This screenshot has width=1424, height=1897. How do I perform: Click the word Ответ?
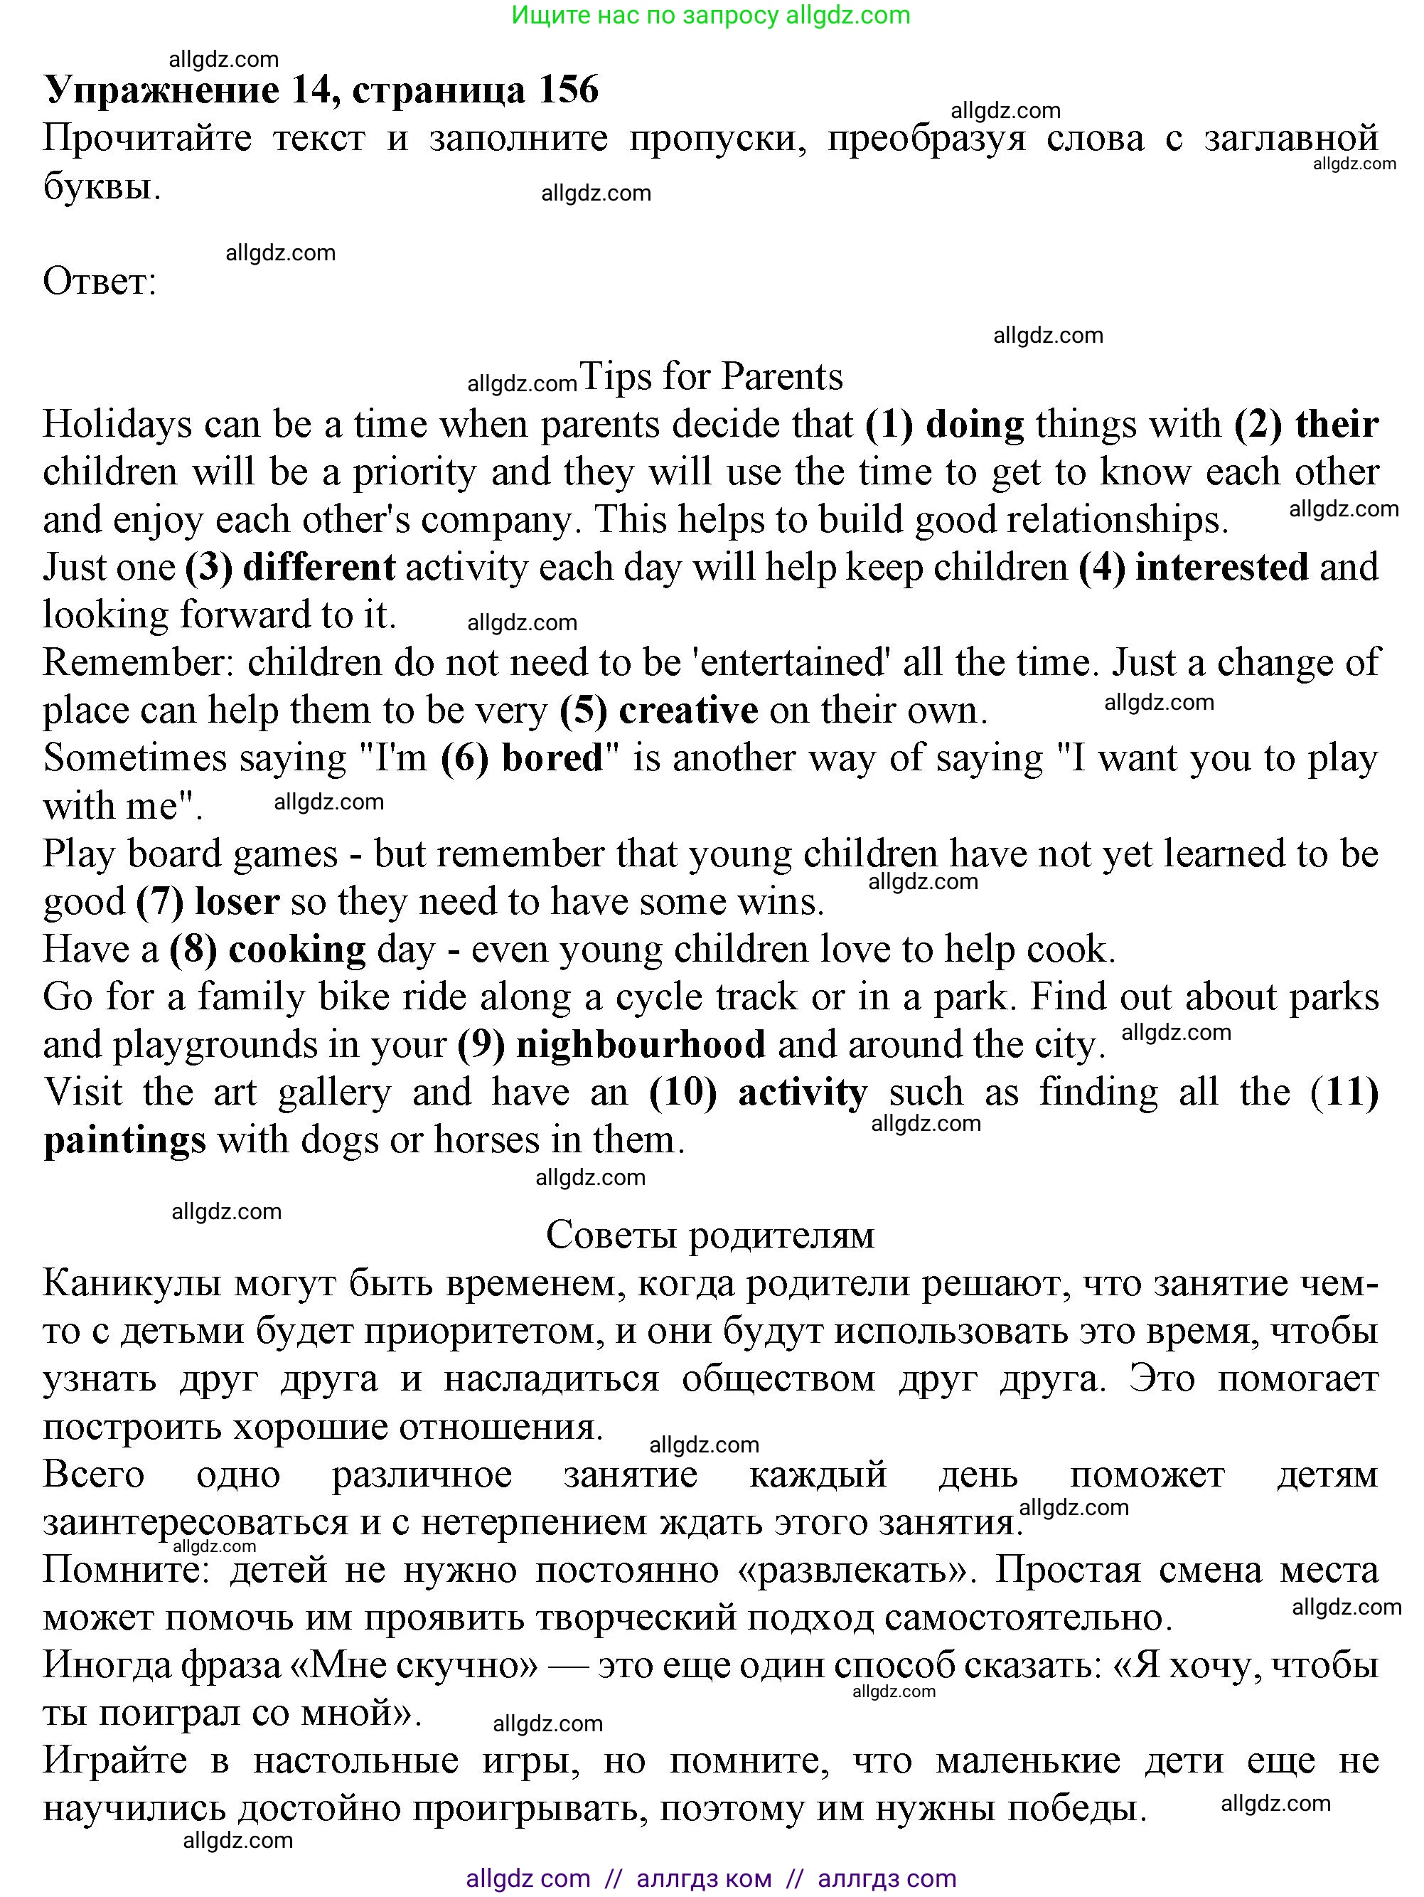tap(100, 281)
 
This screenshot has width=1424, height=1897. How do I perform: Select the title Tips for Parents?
tap(712, 376)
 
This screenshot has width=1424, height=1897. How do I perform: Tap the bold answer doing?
tap(975, 425)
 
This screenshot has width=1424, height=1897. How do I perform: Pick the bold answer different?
tap(319, 568)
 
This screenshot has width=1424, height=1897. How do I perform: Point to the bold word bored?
tap(552, 758)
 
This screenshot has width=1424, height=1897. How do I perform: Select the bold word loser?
tap(237, 902)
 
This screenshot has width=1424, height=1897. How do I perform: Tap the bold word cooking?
tap(297, 950)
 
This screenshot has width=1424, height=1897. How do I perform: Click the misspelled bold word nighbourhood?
tap(641, 1045)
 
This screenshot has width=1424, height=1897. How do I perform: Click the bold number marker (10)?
tap(682, 1093)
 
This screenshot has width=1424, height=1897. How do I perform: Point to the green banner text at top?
tap(711, 16)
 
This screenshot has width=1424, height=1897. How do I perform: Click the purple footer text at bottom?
tap(711, 1879)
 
